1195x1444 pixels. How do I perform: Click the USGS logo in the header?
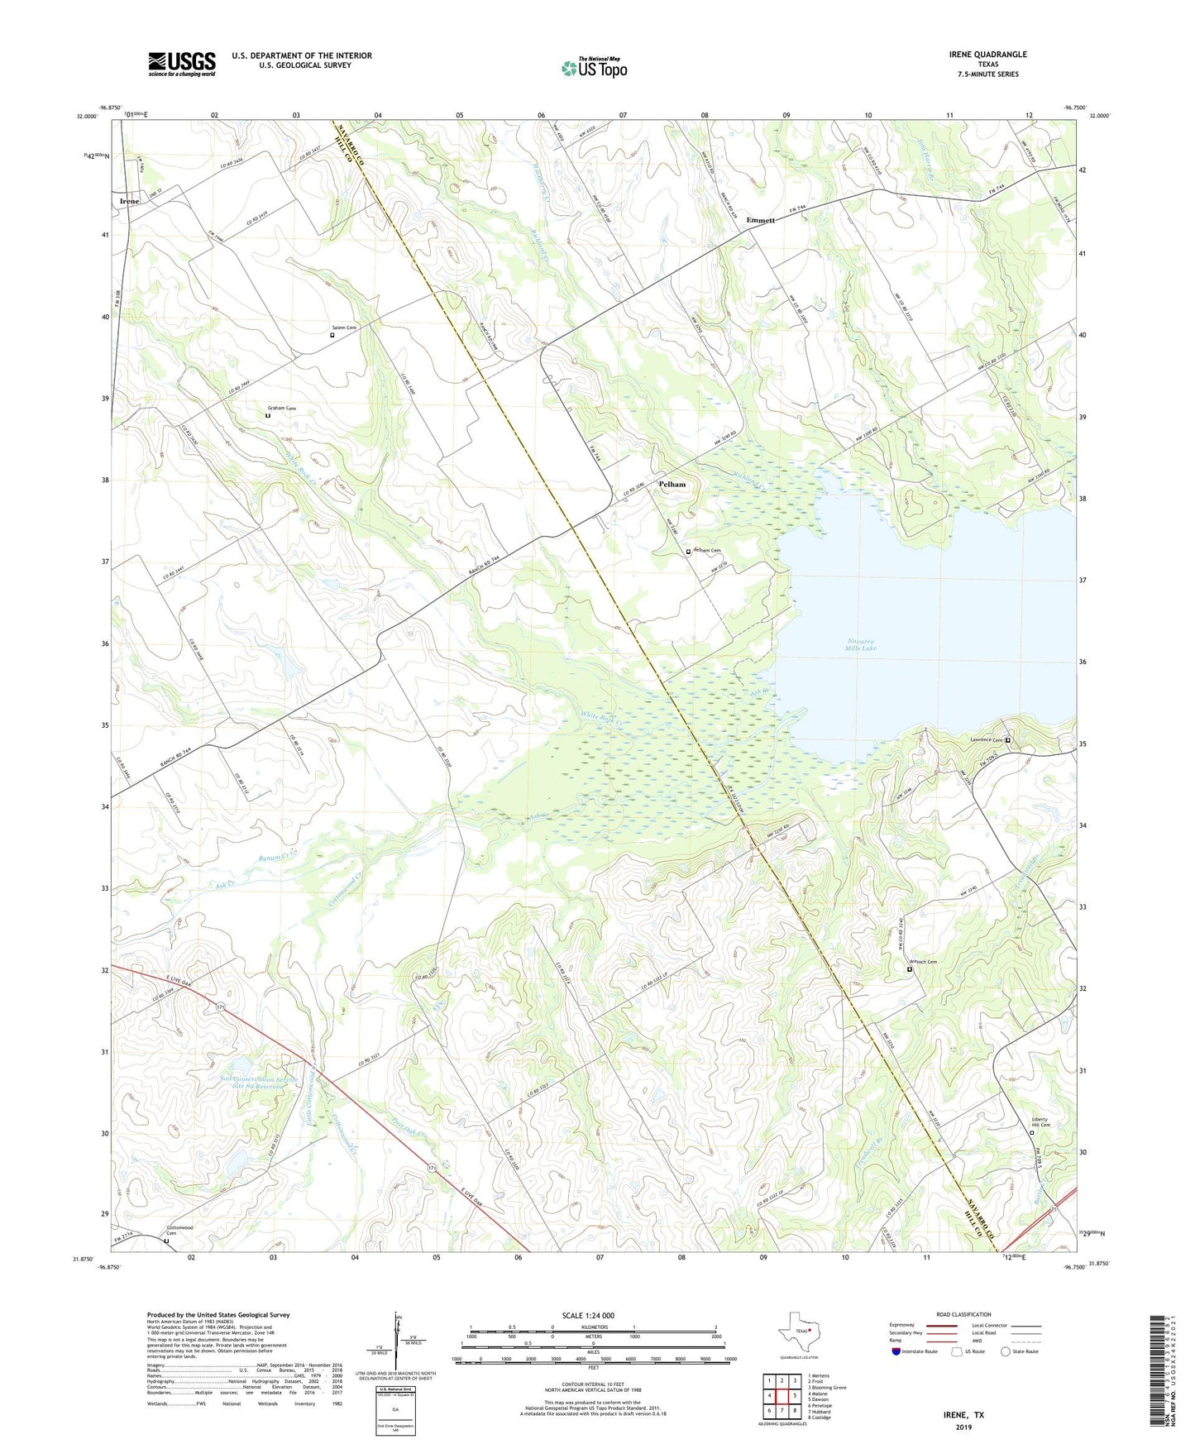[182, 64]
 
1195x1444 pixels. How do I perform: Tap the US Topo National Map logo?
[594, 68]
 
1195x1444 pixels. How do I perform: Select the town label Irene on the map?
[129, 201]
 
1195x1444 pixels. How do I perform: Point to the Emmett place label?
[760, 220]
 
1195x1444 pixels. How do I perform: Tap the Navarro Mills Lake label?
[861, 645]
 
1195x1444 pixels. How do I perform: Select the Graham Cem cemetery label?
[281, 409]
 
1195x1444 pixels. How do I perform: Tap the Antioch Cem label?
[923, 962]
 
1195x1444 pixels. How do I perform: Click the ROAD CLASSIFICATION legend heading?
[963, 1315]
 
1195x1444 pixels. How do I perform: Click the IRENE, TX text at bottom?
[963, 1415]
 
